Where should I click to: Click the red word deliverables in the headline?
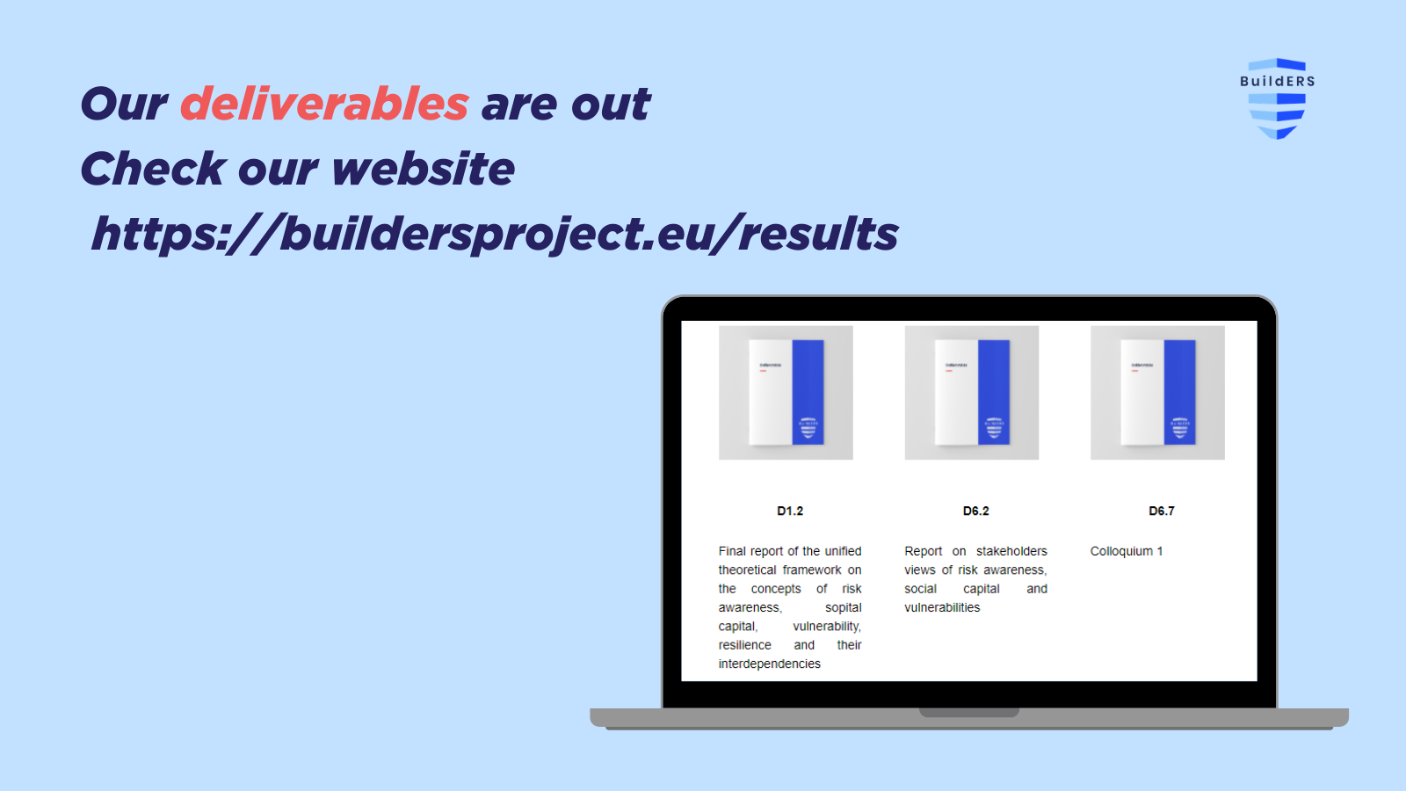pyautogui.click(x=324, y=105)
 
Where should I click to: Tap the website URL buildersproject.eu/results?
pyautogui.click(x=495, y=234)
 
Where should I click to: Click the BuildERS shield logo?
pyautogui.click(x=1277, y=98)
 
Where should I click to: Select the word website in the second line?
pyautogui.click(x=424, y=169)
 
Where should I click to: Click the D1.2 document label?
pyautogui.click(x=789, y=511)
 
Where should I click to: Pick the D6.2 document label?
pyautogui.click(x=975, y=511)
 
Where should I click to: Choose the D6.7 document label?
pyautogui.click(x=1161, y=511)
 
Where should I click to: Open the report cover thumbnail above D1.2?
pyautogui.click(x=786, y=393)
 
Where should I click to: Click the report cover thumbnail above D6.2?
pyautogui.click(x=972, y=393)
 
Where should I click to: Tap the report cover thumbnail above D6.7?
pyautogui.click(x=1157, y=393)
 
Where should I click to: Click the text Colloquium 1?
pyautogui.click(x=1126, y=551)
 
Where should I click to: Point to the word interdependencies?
pyautogui.click(x=769, y=664)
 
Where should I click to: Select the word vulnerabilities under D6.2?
pyautogui.click(x=942, y=607)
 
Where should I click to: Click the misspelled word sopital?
pyautogui.click(x=843, y=607)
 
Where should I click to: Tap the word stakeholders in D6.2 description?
pyautogui.click(x=1011, y=551)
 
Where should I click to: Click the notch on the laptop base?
pyautogui.click(x=968, y=712)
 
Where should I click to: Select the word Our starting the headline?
pyautogui.click(x=124, y=105)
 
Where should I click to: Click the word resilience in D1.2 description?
pyautogui.click(x=744, y=645)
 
